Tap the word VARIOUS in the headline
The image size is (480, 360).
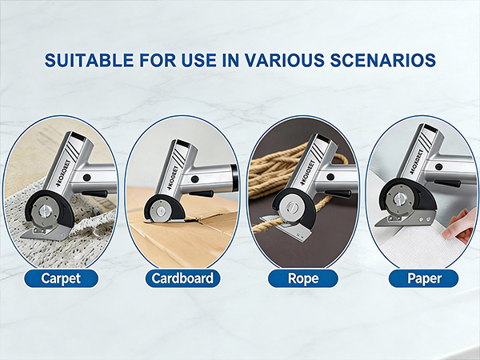coord(286,60)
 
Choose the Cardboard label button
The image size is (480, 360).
coord(182,279)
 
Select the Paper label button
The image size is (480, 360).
coord(423,279)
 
